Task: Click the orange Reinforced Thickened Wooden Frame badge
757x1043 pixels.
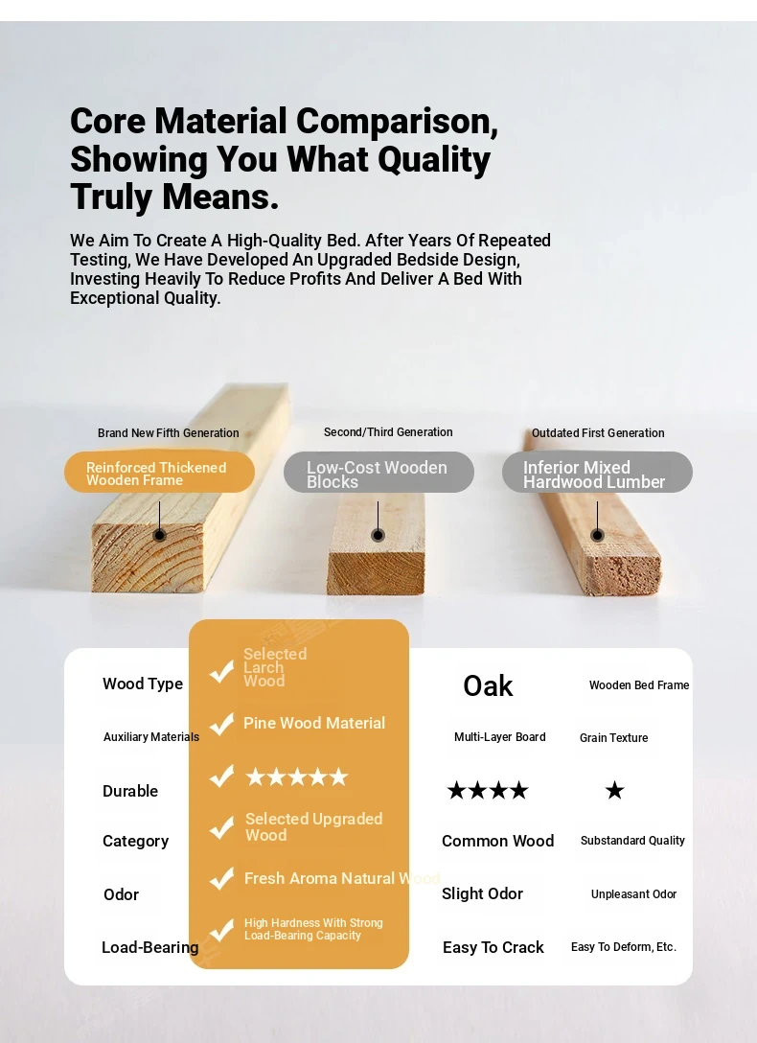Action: pos(159,473)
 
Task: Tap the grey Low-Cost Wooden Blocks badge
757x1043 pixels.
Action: pos(378,473)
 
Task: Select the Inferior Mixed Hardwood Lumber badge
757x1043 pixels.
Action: pos(598,473)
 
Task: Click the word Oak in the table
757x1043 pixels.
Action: pos(488,685)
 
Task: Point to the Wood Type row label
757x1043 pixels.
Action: pos(143,684)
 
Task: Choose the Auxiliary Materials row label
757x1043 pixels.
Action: pos(151,737)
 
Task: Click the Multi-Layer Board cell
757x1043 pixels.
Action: pos(500,737)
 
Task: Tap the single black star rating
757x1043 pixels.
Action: pos(615,790)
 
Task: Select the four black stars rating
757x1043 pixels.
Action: pos(488,790)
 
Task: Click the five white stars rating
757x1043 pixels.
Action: pos(297,776)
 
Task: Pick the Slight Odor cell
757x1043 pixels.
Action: pos(483,894)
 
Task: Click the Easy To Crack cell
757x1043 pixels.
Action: pos(493,947)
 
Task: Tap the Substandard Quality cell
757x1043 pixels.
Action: pos(632,841)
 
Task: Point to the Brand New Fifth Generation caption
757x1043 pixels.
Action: pos(168,433)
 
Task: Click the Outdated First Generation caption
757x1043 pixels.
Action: pos(598,433)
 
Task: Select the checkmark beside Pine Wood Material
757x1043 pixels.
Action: pos(221,724)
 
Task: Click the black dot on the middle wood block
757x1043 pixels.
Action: pos(378,535)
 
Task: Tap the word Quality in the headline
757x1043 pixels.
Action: pos(434,160)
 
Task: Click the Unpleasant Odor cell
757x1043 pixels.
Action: pos(634,894)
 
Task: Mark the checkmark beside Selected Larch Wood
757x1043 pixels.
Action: pos(221,672)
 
